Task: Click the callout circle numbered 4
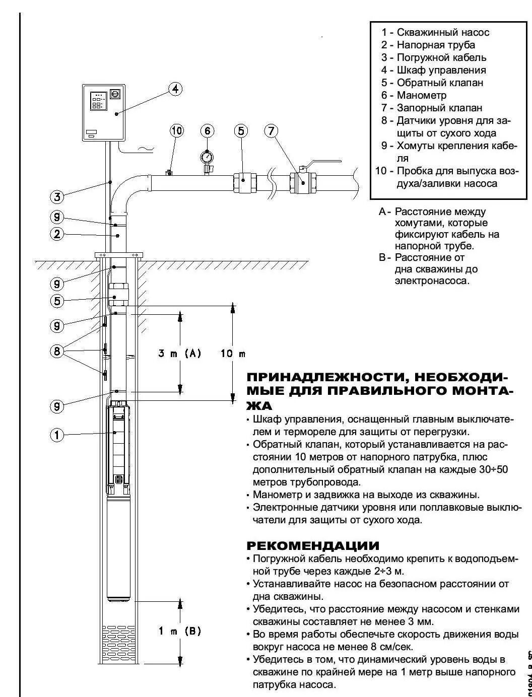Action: pyautogui.click(x=175, y=90)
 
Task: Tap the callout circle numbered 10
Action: pyautogui.click(x=177, y=131)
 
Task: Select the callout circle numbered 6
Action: pyautogui.click(x=207, y=131)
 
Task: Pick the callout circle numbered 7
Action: pyautogui.click(x=271, y=131)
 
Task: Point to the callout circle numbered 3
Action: pyautogui.click(x=57, y=197)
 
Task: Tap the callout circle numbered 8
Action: pyautogui.click(x=57, y=351)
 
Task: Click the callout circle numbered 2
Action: pyautogui.click(x=57, y=234)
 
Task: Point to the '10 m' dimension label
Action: pyautogui.click(x=232, y=354)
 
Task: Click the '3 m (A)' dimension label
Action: pyautogui.click(x=179, y=354)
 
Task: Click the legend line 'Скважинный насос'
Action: pyautogui.click(x=442, y=32)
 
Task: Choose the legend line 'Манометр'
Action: pyautogui.click(x=421, y=95)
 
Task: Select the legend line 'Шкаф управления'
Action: pyautogui.click(x=441, y=70)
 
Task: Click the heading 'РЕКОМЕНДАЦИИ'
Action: pyautogui.click(x=312, y=546)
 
